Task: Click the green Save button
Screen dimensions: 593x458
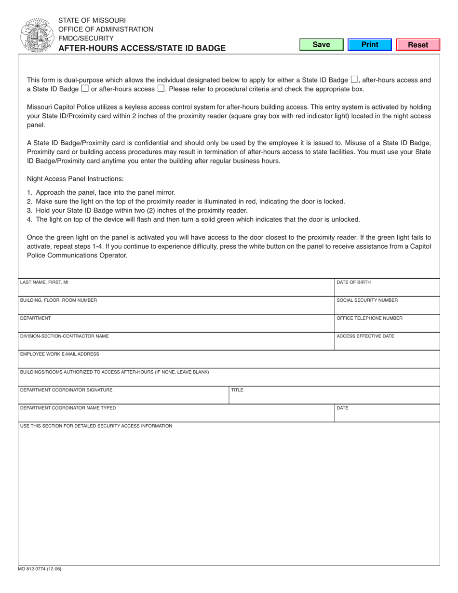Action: pyautogui.click(x=321, y=45)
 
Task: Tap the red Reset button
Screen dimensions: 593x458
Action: pyautogui.click(x=418, y=45)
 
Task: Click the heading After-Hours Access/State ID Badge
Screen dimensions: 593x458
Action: pyautogui.click(x=142, y=48)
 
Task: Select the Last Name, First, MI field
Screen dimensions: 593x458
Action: pyautogui.click(x=176, y=290)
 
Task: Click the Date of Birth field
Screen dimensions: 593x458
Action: pyautogui.click(x=387, y=290)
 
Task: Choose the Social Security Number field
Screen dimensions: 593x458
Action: pyautogui.click(x=387, y=308)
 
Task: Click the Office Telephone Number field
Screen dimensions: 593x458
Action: pyautogui.click(x=387, y=325)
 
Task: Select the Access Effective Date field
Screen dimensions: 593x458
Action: pyautogui.click(x=387, y=343)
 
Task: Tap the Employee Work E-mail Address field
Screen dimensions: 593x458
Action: pyautogui.click(x=229, y=362)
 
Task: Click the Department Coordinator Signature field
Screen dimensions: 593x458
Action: pyautogui.click(x=123, y=397)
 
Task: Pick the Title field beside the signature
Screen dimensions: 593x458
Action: pyautogui.click(x=334, y=397)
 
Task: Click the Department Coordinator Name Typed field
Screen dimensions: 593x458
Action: pyautogui.click(x=176, y=415)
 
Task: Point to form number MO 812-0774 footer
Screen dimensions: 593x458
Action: pyautogui.click(x=40, y=569)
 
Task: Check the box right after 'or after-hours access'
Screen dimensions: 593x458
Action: pyautogui.click(x=161, y=89)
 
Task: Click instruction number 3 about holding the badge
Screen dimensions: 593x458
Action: pyautogui.click(x=141, y=211)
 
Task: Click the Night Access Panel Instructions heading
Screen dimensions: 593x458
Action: pyautogui.click(x=75, y=179)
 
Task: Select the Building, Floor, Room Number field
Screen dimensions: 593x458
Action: pyautogui.click(x=176, y=308)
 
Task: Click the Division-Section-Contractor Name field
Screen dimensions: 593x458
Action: pyautogui.click(x=176, y=343)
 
